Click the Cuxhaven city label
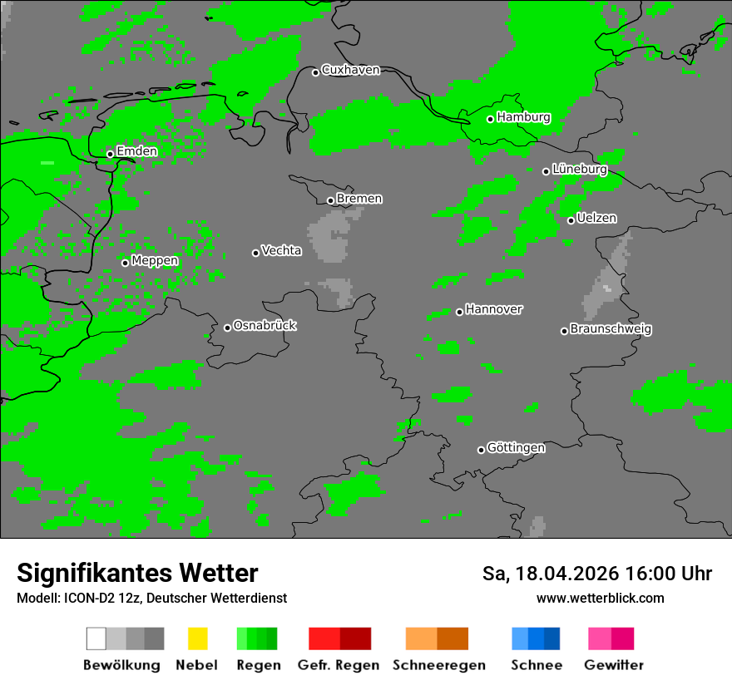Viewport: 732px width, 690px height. (350, 70)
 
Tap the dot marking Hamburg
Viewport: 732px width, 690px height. (491, 119)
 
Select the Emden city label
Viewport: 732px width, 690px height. (136, 151)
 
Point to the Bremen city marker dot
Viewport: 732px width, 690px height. (330, 200)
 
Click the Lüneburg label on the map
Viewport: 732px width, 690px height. (580, 170)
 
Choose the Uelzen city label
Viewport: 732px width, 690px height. (596, 219)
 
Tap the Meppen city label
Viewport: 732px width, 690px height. (155, 261)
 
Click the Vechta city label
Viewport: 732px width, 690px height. (281, 250)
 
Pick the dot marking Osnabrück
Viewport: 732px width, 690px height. (227, 328)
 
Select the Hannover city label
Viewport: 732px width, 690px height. (494, 309)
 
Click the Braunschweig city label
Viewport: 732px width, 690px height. (611, 329)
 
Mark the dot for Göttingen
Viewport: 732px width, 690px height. (481, 450)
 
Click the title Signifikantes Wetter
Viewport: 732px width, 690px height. (137, 574)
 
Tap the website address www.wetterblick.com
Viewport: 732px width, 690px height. (601, 599)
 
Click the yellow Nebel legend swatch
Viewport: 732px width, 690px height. (197, 638)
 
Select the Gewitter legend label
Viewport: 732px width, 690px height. (614, 665)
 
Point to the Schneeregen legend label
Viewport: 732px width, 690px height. (438, 665)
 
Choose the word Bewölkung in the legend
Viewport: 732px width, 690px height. (121, 665)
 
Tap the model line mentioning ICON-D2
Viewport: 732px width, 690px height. (151, 599)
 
